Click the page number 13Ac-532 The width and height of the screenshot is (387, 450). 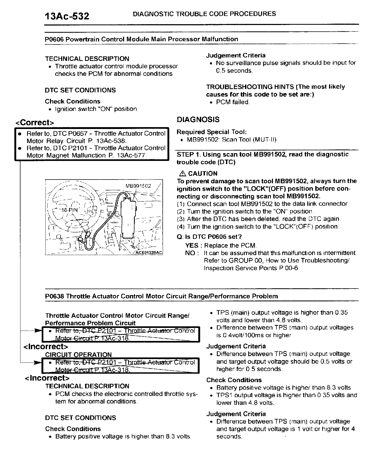(67, 16)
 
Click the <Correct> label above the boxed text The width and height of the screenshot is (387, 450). (35, 123)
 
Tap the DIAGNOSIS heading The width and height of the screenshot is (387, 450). (198, 120)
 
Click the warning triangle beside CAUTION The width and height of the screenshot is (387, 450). (182, 174)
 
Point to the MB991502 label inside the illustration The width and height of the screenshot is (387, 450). (138, 186)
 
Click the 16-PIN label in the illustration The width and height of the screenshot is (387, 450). (69, 210)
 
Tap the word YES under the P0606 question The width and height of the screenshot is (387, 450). (192, 245)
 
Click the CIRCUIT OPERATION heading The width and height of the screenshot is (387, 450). (78, 355)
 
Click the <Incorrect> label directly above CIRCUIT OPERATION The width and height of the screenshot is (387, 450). (46, 347)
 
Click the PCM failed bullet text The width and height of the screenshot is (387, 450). (233, 102)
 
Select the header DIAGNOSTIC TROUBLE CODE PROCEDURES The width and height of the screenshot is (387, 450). (204, 14)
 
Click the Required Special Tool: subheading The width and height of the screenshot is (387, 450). (212, 132)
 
